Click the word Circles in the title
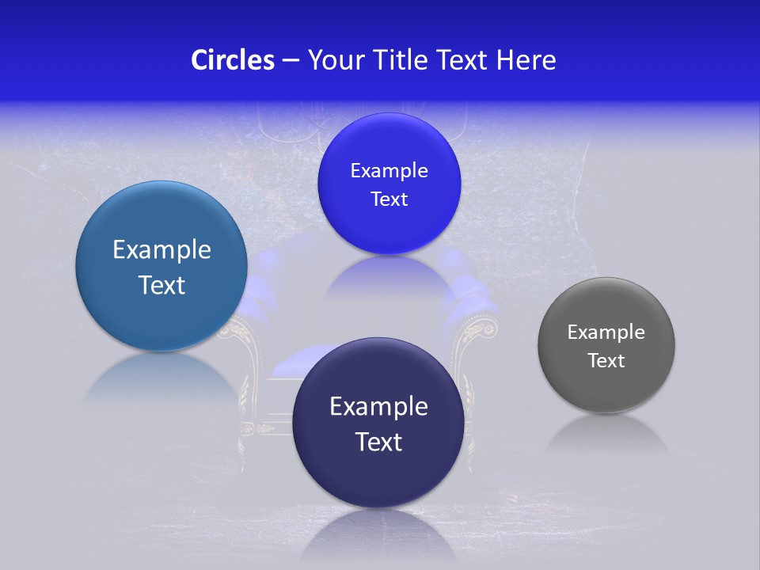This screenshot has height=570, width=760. click(x=232, y=60)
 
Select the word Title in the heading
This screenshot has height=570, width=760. click(x=401, y=60)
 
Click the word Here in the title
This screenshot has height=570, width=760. click(x=526, y=60)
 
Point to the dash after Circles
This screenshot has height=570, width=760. click(x=290, y=61)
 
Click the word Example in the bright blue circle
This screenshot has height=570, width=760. click(x=389, y=171)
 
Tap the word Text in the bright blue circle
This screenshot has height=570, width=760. click(x=389, y=199)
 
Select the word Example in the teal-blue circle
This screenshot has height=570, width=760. click(x=161, y=250)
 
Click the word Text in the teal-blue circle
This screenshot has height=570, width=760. click(x=161, y=285)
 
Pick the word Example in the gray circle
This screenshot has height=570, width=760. click(x=606, y=332)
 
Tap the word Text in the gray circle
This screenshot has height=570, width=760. click(x=606, y=361)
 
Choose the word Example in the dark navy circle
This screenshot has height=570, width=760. click(x=378, y=407)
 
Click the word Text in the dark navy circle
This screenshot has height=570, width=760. click(x=378, y=442)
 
